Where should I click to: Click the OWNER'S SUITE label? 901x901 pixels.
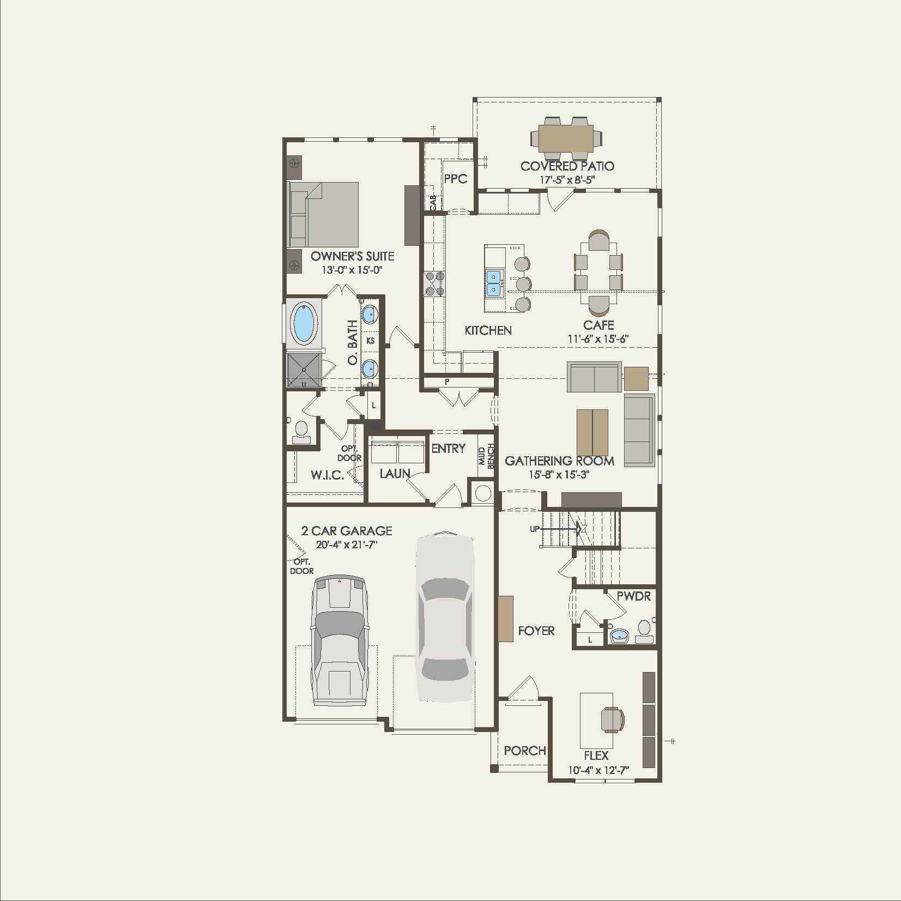tap(352, 256)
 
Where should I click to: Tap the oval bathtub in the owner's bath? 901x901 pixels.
tap(304, 323)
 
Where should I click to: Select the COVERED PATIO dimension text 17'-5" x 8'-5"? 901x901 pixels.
tap(567, 180)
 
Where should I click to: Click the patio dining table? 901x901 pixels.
tap(566, 138)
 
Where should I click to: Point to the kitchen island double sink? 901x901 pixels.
tap(494, 283)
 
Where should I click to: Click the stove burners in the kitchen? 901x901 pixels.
tap(434, 284)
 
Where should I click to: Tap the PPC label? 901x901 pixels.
tap(455, 179)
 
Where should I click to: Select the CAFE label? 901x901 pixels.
tap(598, 325)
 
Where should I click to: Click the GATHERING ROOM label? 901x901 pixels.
tap(559, 461)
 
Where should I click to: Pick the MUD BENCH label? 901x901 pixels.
tap(486, 456)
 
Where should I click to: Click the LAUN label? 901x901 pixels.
tap(395, 474)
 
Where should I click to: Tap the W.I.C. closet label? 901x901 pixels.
tap(327, 475)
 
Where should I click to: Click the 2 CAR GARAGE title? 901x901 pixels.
tap(347, 531)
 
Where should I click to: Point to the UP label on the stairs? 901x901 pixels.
tap(535, 529)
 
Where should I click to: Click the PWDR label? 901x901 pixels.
tap(633, 596)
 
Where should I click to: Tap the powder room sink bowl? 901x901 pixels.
tap(619, 636)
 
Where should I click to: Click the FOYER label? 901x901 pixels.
tap(536, 631)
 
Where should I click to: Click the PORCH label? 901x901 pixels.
tap(524, 751)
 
